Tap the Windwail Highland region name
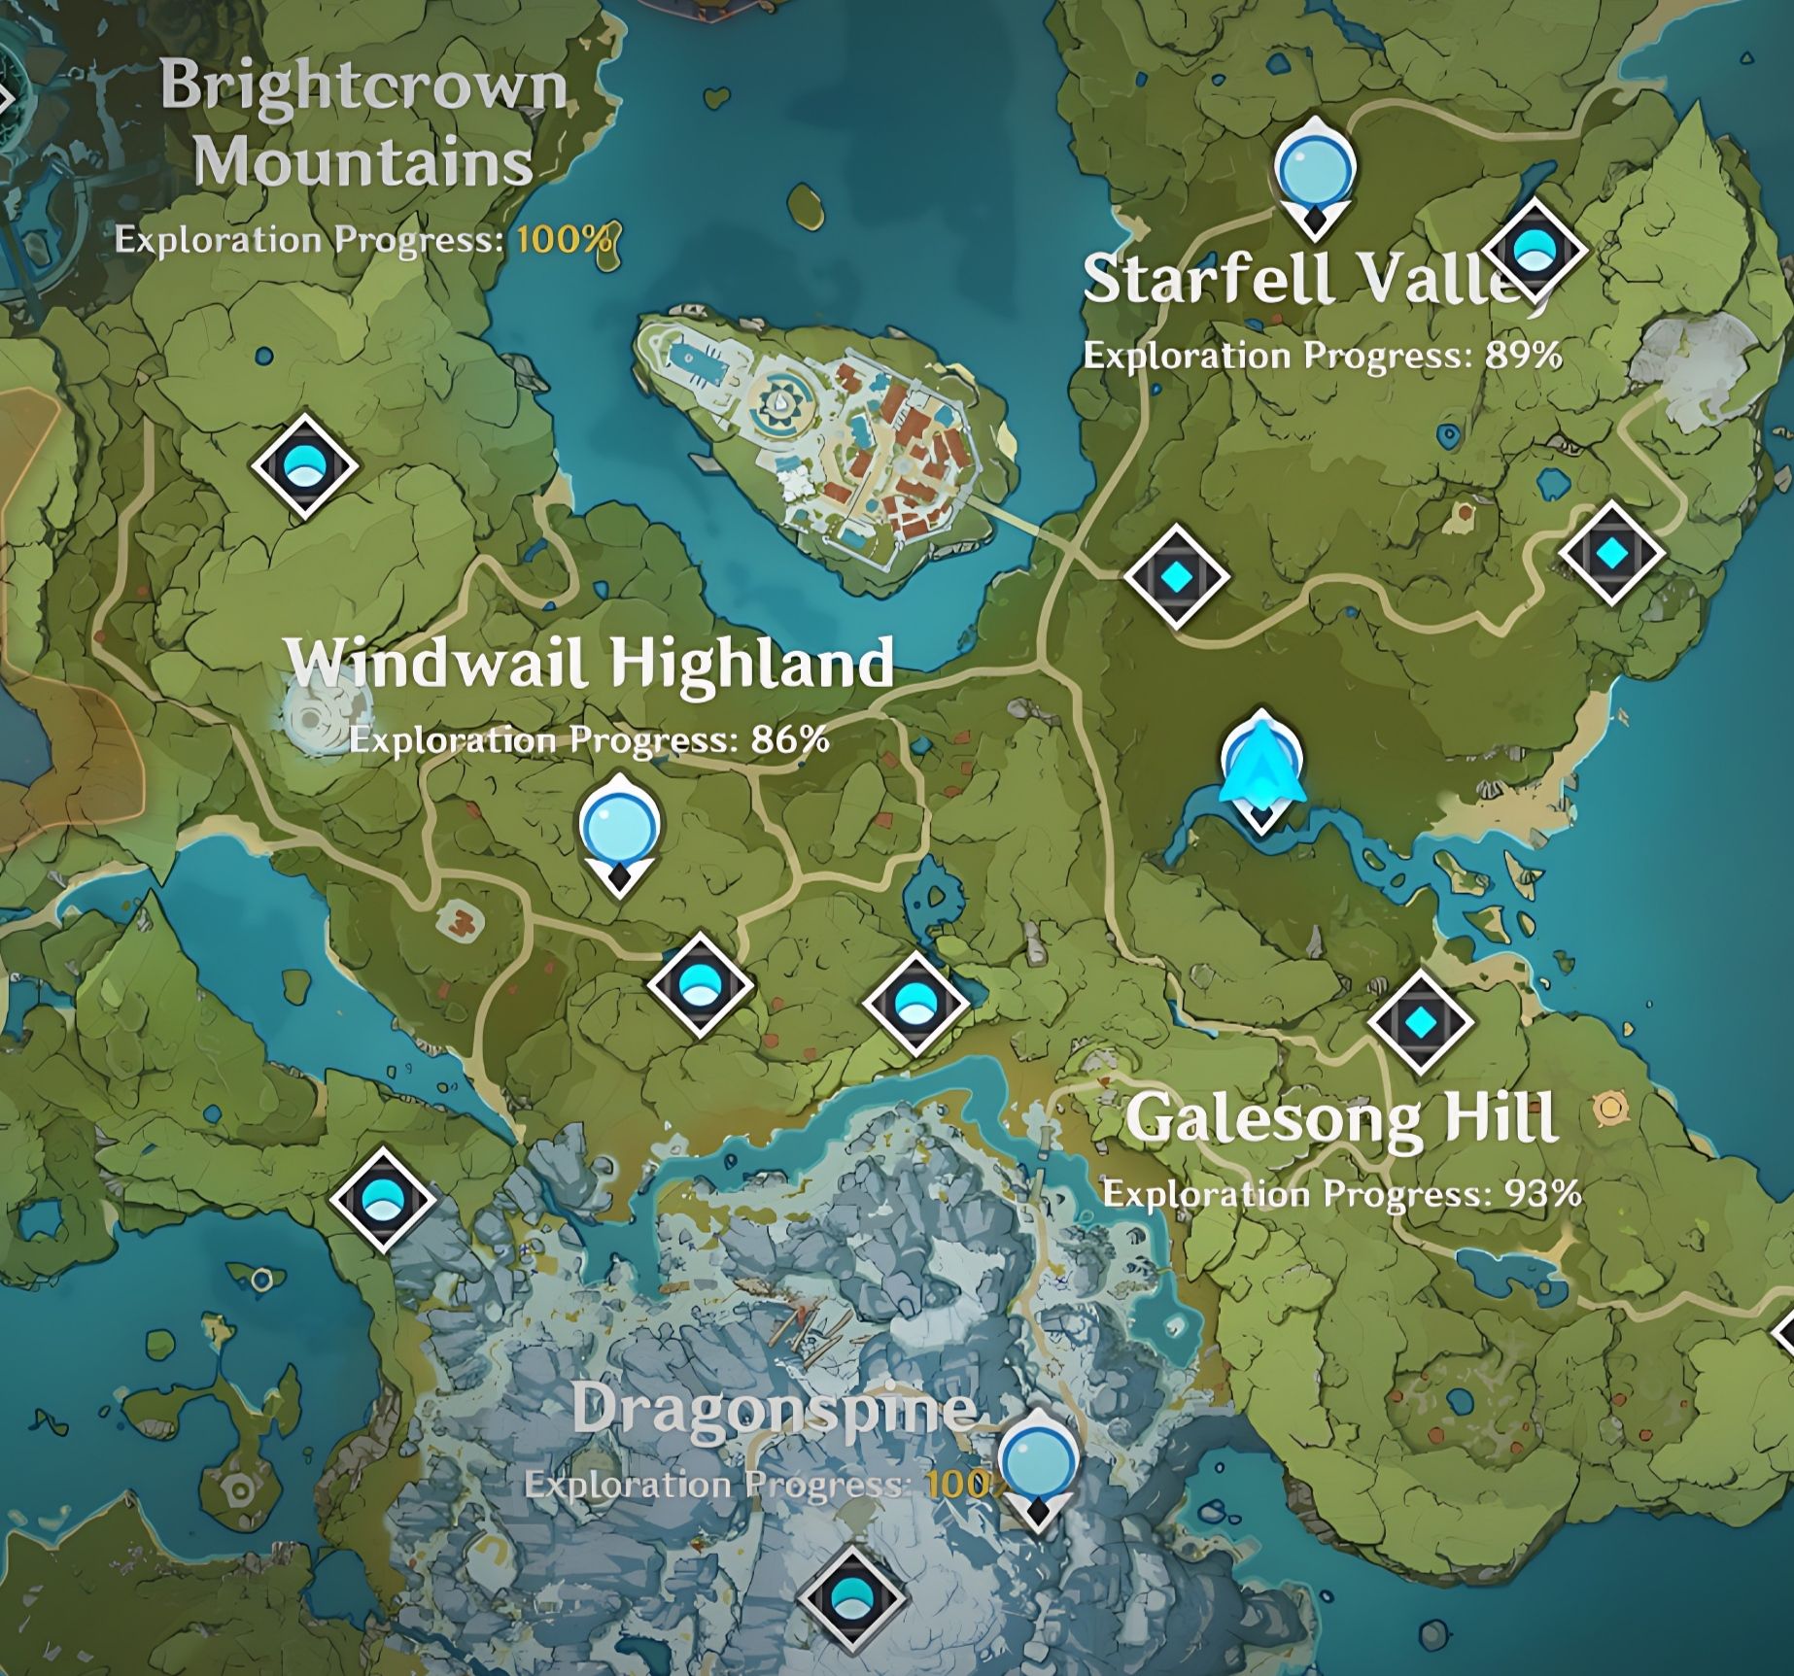coord(589,665)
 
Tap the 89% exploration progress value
coord(1523,356)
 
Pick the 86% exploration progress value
coord(790,740)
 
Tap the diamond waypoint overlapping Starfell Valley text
coord(1534,250)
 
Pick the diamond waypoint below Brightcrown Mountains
coord(304,465)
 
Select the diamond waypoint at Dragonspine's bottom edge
coord(851,1598)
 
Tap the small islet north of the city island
coord(806,204)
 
